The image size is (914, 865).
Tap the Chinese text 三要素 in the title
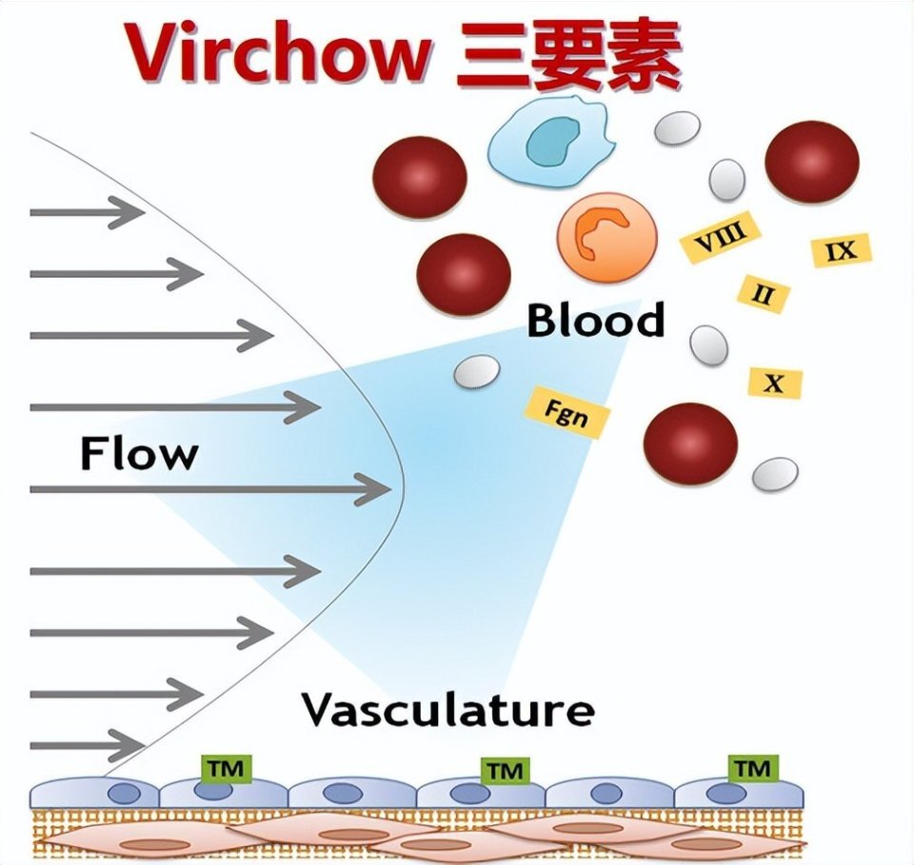(x=569, y=54)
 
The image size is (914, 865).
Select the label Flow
(x=139, y=453)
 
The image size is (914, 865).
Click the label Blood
(x=596, y=321)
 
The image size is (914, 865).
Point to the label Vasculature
(x=447, y=709)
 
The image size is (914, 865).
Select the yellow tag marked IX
(x=842, y=250)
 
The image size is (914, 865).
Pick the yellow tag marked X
(x=775, y=383)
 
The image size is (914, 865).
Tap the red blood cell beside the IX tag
(x=812, y=161)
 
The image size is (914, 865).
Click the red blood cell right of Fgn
(x=690, y=443)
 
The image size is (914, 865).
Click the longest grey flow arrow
(x=210, y=490)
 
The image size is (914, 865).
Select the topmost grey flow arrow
(x=87, y=212)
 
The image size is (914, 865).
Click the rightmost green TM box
(x=752, y=767)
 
